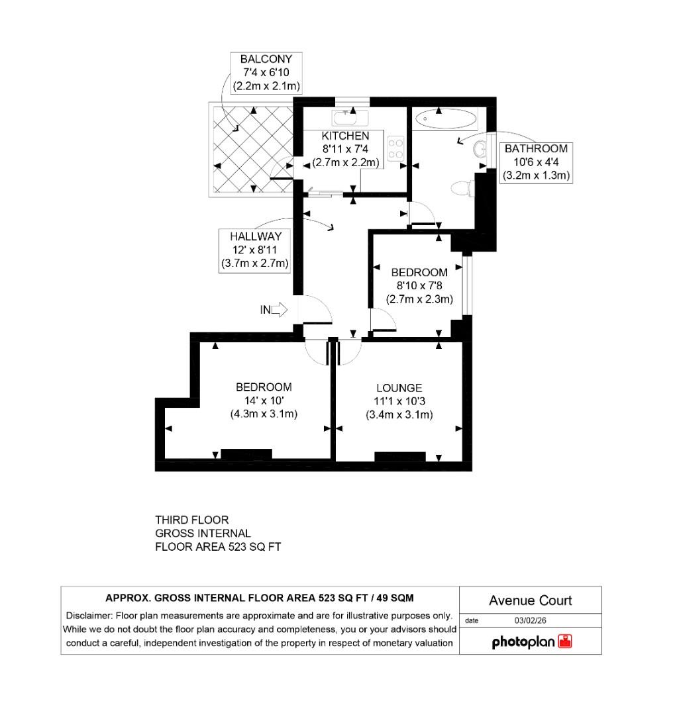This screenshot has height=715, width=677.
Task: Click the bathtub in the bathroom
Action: pyautogui.click(x=445, y=119)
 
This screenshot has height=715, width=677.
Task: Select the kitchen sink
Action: pyautogui.click(x=351, y=118)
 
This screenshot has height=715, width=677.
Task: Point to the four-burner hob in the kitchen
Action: pyautogui.click(x=396, y=148)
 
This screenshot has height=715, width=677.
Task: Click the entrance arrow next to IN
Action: pyautogui.click(x=279, y=309)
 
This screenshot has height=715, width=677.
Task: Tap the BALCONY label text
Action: pyautogui.click(x=266, y=59)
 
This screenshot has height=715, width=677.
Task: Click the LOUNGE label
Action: pyautogui.click(x=399, y=388)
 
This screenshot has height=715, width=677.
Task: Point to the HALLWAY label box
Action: pyautogui.click(x=256, y=250)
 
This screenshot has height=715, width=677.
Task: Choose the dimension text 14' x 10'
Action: pyautogui.click(x=264, y=401)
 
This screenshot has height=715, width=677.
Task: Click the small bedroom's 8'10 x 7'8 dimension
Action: pyautogui.click(x=419, y=285)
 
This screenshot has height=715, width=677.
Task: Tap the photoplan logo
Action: pyautogui.click(x=531, y=642)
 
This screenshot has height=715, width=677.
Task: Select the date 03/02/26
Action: pyautogui.click(x=530, y=621)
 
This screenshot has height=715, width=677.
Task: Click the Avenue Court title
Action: pyautogui.click(x=530, y=601)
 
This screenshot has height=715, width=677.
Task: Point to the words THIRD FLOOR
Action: pyautogui.click(x=191, y=520)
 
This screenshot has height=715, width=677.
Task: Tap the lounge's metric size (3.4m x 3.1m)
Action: pyautogui.click(x=399, y=415)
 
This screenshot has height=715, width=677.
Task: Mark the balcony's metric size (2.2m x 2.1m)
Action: pyautogui.click(x=266, y=85)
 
